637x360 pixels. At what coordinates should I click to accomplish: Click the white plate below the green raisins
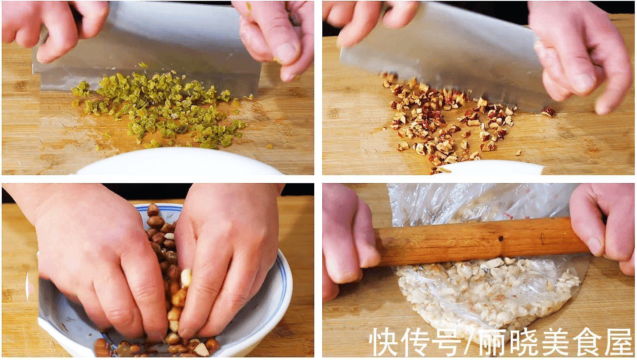pos(179,163)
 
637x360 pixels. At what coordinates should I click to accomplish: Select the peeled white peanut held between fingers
pos(186,277)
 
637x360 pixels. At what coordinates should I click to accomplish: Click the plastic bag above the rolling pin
pos(473,201)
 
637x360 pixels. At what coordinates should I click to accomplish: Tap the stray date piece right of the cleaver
pos(548,112)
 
